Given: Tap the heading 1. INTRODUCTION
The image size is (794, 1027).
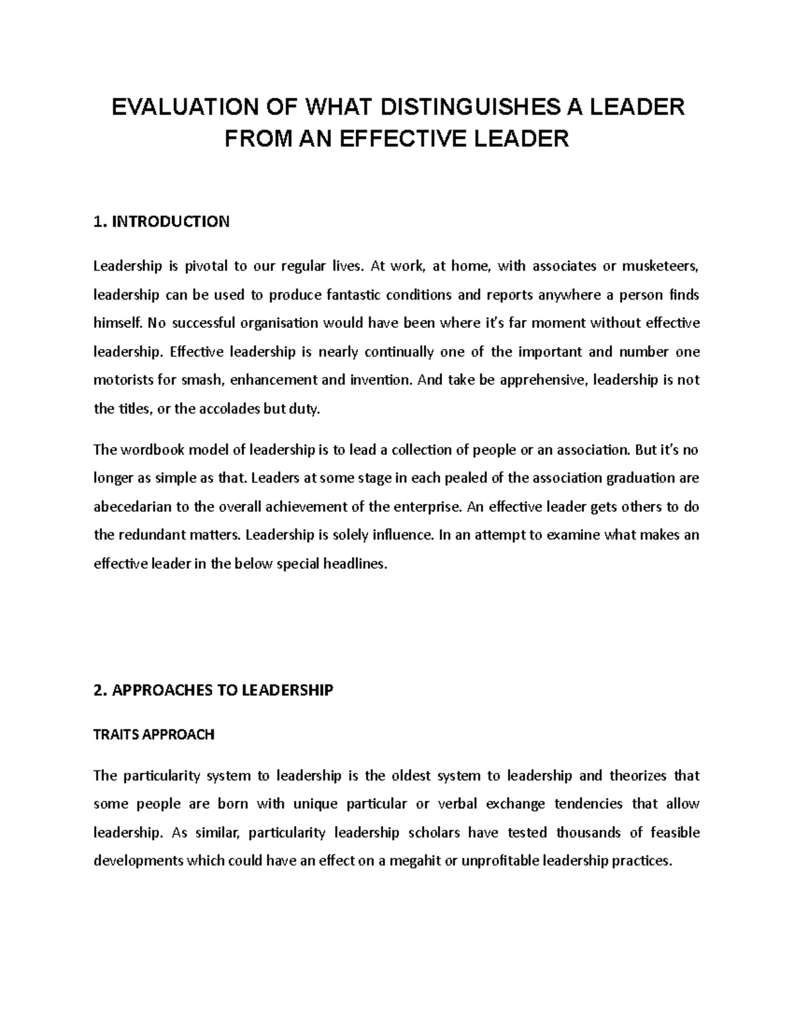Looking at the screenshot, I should pyautogui.click(x=161, y=222).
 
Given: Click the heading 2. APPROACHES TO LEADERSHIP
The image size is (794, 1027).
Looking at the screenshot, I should pyautogui.click(x=213, y=690).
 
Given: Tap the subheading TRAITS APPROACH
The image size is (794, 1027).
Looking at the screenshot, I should pyautogui.click(x=154, y=735).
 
